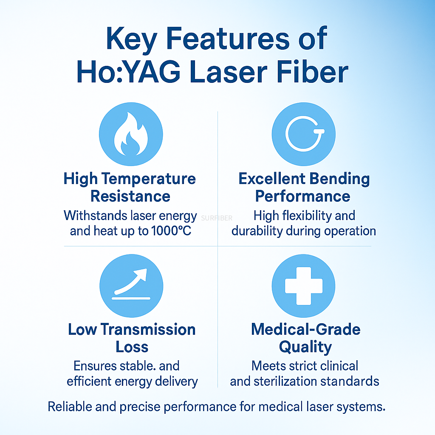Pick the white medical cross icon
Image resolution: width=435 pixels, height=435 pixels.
(x=303, y=286)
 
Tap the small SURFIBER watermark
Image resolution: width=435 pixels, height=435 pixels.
(x=217, y=218)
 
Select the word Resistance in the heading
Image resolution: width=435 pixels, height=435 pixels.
(x=130, y=196)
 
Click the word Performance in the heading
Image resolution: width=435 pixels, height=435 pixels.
(x=303, y=196)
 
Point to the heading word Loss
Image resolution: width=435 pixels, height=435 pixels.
(x=132, y=347)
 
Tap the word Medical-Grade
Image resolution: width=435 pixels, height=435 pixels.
(x=306, y=330)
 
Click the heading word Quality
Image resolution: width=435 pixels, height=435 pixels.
(x=305, y=347)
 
